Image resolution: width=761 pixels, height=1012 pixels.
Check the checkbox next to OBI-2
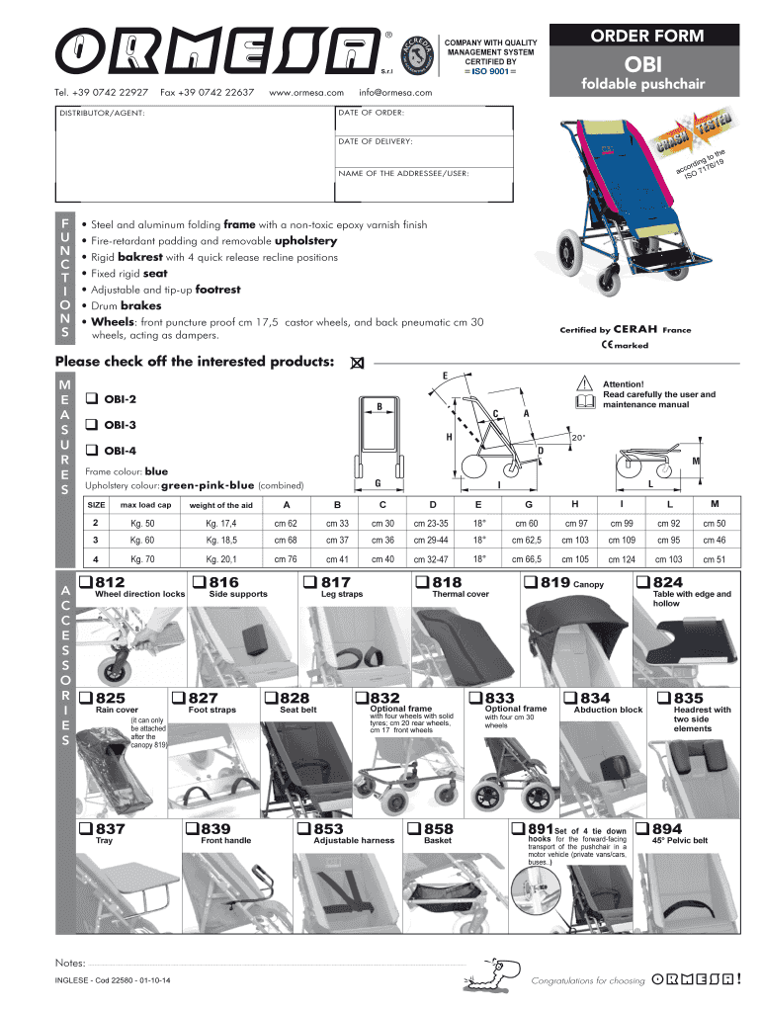(90, 399)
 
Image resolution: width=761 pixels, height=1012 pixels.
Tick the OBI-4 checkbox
(90, 450)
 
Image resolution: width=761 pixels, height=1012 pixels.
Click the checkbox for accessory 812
(86, 582)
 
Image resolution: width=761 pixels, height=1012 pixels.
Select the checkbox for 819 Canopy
(530, 582)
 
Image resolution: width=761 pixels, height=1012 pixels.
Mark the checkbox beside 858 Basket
(416, 828)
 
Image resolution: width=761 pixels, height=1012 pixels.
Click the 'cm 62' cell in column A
(286, 523)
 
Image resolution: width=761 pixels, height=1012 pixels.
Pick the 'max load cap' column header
(146, 505)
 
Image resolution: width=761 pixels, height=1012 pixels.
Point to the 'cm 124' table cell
(622, 559)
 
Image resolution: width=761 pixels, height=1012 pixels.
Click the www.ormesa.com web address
(305, 93)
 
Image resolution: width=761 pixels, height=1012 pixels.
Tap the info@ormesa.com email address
(396, 93)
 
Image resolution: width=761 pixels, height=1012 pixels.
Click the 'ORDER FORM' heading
(647, 37)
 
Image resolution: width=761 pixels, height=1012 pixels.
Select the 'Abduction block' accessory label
(608, 710)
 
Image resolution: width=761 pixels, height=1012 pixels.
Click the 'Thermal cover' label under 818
(461, 595)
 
